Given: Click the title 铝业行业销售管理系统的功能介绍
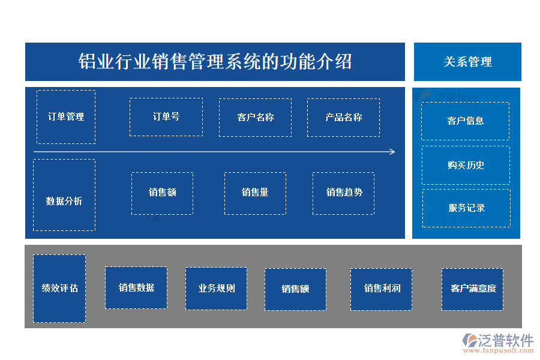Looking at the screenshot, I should coord(215,61).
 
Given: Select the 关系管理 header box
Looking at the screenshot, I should coord(467,61).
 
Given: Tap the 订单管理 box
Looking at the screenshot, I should coord(66,117).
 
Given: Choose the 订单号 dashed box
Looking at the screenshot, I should coord(166,117).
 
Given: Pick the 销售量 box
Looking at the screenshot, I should coord(255,193).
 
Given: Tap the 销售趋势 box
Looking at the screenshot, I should coord(343,193).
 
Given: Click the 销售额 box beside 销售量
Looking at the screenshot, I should coord(162,193).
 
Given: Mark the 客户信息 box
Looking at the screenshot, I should coord(466,121).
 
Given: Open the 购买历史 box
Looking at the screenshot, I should coord(466,165).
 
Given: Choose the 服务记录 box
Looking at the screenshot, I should coord(466,208).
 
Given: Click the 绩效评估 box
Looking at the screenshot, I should coord(59,289).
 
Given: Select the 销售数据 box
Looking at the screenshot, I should coord(136,288).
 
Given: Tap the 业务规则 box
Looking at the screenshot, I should coord(216,289).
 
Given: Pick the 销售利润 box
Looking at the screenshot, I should coord(382,289).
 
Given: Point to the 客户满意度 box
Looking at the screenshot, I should coord(473,289).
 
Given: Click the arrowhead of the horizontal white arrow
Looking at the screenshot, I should coord(392,152).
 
